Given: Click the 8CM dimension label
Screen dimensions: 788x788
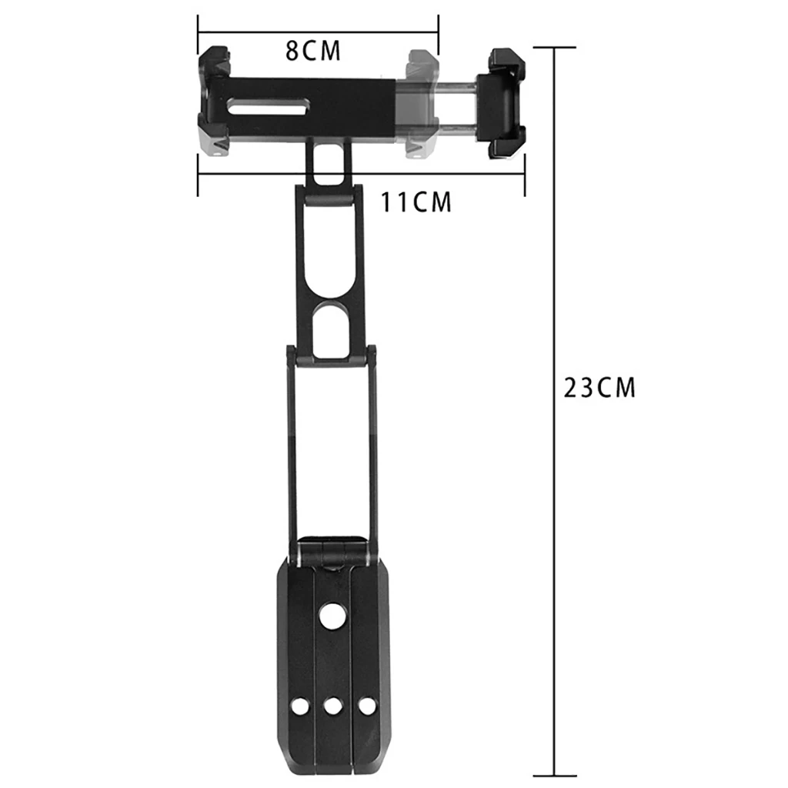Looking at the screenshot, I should pos(312,51).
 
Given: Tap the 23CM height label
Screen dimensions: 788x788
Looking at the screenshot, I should pos(600,387).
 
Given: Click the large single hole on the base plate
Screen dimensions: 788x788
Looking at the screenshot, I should pos(332,617).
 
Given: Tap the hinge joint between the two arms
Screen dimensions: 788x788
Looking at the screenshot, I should pos(332,356).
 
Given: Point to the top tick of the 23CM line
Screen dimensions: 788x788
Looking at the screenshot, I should pos(554,48).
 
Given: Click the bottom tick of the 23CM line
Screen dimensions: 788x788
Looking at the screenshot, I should pos(554,776).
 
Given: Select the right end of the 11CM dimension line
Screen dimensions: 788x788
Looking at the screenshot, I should pos(524,174).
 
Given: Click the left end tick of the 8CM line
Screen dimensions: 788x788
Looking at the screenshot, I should pos(199,33).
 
